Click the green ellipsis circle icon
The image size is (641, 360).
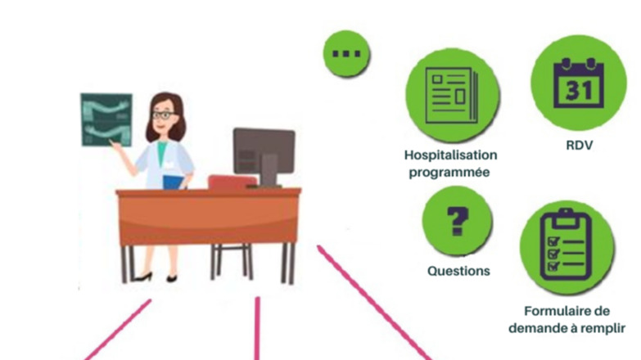pos(346,53)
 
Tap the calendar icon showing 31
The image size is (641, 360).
pos(579,83)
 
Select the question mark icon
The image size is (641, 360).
pos(457,221)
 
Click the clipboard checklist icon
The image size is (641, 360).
pos(567,247)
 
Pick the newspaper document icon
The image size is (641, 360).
pos(452,96)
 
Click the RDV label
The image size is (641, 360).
pos(580,145)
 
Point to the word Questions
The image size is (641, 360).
pos(458,271)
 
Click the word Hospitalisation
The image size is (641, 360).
pos(451,155)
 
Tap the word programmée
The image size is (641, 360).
pos(449,173)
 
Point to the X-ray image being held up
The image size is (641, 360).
pos(106,119)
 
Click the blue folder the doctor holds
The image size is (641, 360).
pos(174,182)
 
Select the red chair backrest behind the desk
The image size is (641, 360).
pos(231,182)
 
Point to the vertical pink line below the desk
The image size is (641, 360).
pos(257,328)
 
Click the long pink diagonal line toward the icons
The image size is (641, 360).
pos(374,303)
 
